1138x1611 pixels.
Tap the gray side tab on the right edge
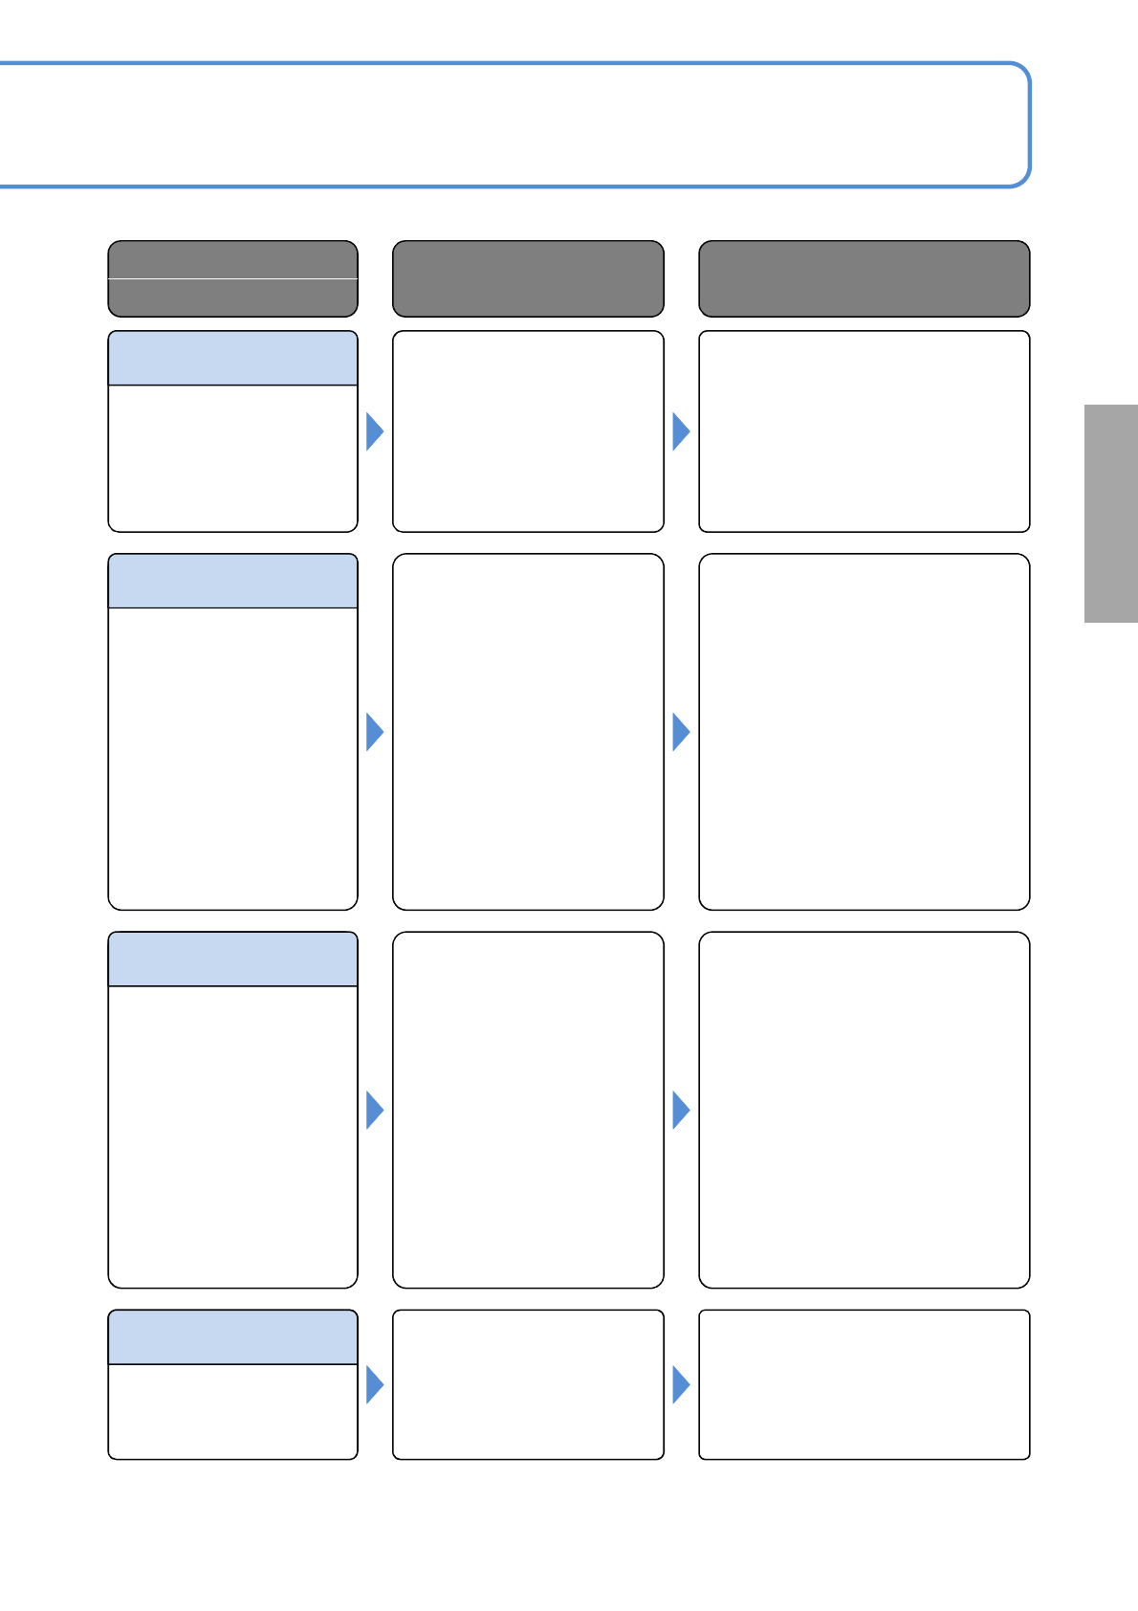(1110, 514)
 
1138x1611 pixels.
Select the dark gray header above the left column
(232, 278)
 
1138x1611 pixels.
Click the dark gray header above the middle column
(528, 278)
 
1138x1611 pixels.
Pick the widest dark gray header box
(864, 278)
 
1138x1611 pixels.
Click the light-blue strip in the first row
(232, 359)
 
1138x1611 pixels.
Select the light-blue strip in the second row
(232, 581)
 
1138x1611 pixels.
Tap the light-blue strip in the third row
(232, 960)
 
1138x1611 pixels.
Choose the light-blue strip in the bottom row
(232, 1337)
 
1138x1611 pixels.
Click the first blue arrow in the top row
(374, 431)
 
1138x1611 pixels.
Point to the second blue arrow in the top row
(680, 431)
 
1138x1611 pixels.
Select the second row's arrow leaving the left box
(374, 732)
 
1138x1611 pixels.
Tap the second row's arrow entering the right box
(680, 732)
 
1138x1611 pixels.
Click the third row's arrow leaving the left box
(374, 1110)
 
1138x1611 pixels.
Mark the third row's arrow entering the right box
(680, 1110)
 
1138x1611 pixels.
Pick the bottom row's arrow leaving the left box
(374, 1384)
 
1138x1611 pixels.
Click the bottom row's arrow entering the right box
(680, 1384)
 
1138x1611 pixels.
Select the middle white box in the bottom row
(528, 1384)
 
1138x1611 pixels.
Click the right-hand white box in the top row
(864, 431)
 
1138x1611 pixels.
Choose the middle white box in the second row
(528, 732)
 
